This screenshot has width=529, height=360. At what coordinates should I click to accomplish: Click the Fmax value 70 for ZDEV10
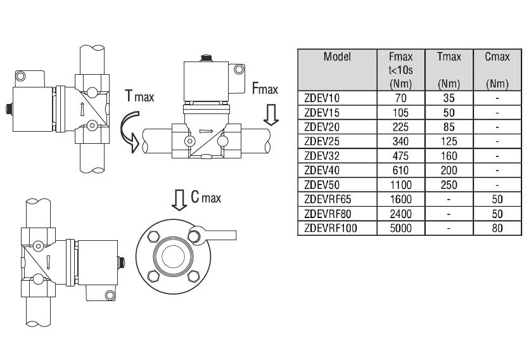(x=400, y=98)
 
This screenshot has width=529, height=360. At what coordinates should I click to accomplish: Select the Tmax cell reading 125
(x=449, y=141)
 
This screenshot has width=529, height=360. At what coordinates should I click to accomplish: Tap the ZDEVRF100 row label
(x=330, y=228)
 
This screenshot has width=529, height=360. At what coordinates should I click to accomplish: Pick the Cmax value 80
(x=497, y=228)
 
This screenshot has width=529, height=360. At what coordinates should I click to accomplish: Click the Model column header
(x=337, y=56)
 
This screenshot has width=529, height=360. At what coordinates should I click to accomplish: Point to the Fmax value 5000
(x=400, y=228)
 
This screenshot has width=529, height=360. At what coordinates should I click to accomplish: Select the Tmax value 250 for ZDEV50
(x=449, y=185)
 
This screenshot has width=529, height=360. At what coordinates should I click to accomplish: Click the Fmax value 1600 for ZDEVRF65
(x=400, y=199)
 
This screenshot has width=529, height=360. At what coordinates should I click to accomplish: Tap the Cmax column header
(x=497, y=56)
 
